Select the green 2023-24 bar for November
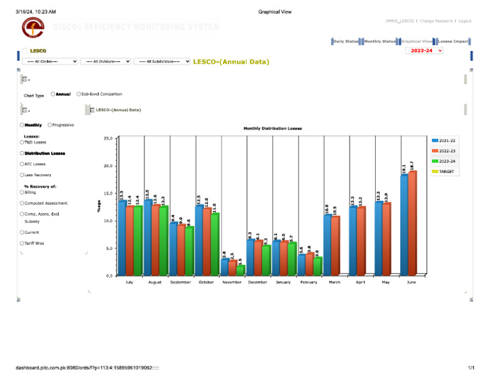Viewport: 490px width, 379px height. click(x=240, y=271)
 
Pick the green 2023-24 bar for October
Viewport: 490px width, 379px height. click(x=214, y=244)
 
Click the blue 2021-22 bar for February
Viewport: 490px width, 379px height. click(x=301, y=265)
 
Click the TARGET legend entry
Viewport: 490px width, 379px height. click(x=447, y=172)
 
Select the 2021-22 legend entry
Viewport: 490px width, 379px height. click(x=447, y=140)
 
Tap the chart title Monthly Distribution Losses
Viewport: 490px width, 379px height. click(x=272, y=128)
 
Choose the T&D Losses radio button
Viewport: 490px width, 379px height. click(x=22, y=142)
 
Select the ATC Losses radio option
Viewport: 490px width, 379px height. click(x=22, y=164)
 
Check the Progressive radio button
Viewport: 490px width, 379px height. click(x=50, y=125)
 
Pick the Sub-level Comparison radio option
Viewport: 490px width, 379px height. click(x=78, y=94)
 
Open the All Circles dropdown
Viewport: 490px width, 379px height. click(x=50, y=61)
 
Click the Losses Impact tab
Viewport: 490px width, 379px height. click(x=453, y=41)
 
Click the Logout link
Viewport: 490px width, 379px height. click(x=464, y=21)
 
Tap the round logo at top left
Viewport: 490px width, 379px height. click(x=33, y=28)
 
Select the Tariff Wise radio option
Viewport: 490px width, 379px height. click(x=22, y=243)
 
